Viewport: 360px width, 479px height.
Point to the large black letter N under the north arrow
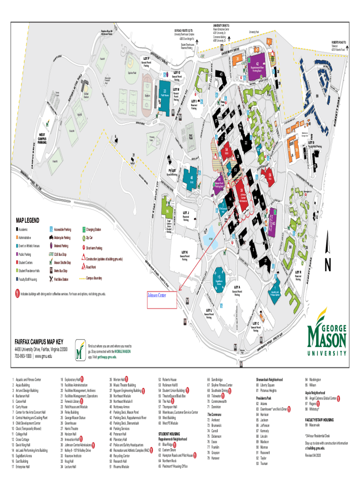tap(328, 265)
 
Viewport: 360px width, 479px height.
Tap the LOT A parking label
tap(237, 287)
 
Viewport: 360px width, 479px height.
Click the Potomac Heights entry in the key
tap(269, 390)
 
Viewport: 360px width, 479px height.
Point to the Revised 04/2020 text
tap(316, 455)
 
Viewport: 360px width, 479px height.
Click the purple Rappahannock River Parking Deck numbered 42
tap(258, 64)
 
